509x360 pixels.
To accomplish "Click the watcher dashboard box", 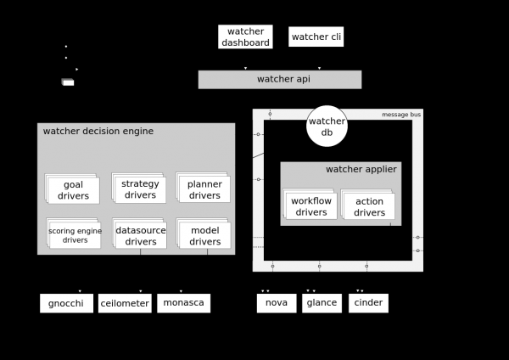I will [245, 37].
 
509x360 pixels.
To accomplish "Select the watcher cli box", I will [316, 37].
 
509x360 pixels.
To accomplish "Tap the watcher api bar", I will [280, 79].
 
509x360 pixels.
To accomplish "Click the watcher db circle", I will [327, 126].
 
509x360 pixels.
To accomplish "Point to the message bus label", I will [401, 114].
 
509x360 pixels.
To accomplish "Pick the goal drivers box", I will [73, 190].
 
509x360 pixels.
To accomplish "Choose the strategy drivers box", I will [140, 189].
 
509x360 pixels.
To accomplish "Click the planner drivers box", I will [204, 189].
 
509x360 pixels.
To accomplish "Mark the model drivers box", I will [204, 235].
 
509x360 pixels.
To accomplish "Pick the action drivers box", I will [369, 206].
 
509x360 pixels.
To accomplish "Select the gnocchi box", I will [66, 303].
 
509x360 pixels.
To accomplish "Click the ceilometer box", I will [124, 303].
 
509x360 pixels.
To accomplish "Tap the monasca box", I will [182, 303].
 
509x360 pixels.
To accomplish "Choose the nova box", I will [277, 303].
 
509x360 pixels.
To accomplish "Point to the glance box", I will [322, 303].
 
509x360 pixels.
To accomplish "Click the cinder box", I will [368, 303].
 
